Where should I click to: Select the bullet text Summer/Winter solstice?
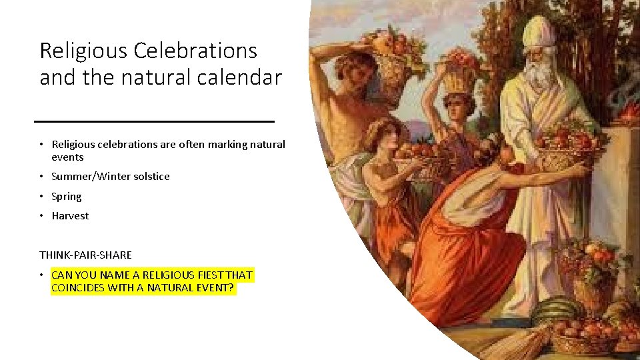click(110, 177)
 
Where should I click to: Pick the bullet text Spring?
click(66, 197)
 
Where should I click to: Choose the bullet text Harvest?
click(69, 216)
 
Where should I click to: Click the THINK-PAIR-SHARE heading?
click(85, 255)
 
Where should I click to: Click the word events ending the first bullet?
click(67, 157)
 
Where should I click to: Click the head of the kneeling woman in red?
click(491, 150)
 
